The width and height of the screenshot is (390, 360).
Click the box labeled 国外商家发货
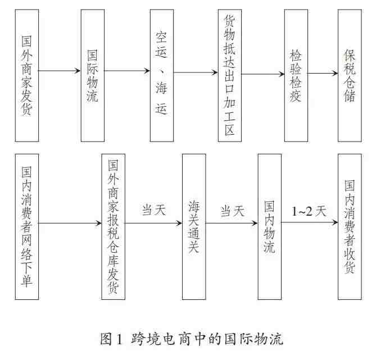(x=27, y=76)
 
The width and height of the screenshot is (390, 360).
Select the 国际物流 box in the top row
(x=93, y=76)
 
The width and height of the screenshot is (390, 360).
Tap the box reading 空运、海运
(x=162, y=76)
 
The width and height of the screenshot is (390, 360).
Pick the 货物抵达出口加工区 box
(x=230, y=76)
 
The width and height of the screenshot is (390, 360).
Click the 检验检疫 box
(x=296, y=76)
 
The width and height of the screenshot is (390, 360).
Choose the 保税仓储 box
(x=350, y=76)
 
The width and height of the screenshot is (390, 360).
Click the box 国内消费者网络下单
(x=27, y=227)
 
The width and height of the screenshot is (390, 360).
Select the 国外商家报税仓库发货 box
(x=113, y=227)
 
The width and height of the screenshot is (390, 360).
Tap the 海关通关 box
(x=194, y=227)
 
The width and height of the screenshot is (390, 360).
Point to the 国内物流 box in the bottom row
(x=270, y=227)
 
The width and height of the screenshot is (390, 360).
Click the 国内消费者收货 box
(x=350, y=227)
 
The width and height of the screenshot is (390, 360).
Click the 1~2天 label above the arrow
(x=309, y=212)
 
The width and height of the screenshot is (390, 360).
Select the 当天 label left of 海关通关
(x=154, y=210)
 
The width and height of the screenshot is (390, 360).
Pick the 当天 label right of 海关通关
(x=232, y=211)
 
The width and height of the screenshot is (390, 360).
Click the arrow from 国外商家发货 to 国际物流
(x=60, y=71)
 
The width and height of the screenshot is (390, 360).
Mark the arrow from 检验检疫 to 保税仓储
(x=323, y=73)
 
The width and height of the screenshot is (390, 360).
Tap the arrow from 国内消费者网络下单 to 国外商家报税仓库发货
(x=70, y=223)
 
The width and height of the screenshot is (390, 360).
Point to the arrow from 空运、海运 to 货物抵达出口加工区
(x=196, y=72)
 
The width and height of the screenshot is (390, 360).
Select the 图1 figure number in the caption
(x=111, y=339)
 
